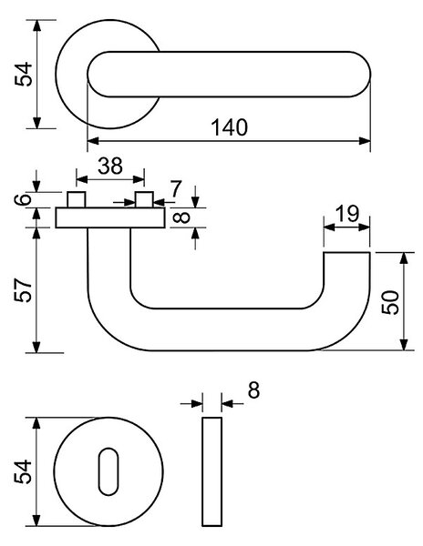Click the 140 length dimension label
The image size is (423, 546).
pos(230,127)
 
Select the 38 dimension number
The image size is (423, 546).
pos(110,167)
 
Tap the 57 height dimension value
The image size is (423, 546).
pos(24,289)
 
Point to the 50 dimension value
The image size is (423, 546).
pos(390,302)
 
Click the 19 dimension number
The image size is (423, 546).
pos(346,214)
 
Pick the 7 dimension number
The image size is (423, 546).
pos(176,189)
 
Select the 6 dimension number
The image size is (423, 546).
pos(23,199)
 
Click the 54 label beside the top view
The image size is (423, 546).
pos(24,75)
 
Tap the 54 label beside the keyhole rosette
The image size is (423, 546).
pos(23,471)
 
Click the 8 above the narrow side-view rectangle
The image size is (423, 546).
pos(253,390)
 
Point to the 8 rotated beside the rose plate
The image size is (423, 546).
pos(181,217)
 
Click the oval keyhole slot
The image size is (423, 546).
pos(108,471)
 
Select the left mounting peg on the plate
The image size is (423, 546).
pos(77,199)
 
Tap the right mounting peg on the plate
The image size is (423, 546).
pos(144,199)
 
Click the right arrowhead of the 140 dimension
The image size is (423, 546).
pos(365,141)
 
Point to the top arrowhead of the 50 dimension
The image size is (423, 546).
pos(404,258)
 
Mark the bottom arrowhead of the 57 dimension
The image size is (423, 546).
pos(36,348)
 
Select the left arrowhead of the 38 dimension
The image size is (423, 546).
pos(82,179)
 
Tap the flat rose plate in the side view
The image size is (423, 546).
pos(110,217)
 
